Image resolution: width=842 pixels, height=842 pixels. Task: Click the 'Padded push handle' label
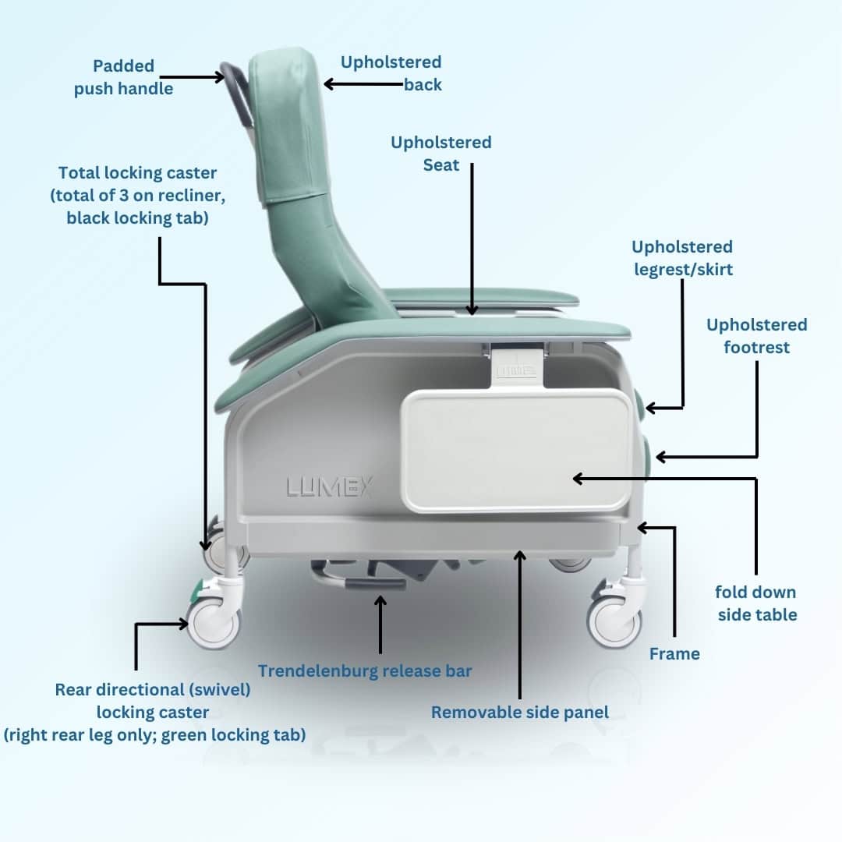(x=123, y=77)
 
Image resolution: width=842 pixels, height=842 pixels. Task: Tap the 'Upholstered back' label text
(x=391, y=73)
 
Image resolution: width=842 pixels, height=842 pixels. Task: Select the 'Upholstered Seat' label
(x=440, y=154)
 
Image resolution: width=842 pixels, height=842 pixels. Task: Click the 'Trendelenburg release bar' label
(x=365, y=670)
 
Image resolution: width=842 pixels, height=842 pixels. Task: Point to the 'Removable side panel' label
(x=520, y=712)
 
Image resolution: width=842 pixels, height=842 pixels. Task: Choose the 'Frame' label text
(x=674, y=653)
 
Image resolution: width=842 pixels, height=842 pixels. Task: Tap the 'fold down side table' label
(x=756, y=603)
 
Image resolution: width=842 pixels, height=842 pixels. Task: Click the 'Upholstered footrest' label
(x=756, y=335)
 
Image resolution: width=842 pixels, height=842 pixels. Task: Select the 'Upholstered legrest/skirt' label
(x=681, y=258)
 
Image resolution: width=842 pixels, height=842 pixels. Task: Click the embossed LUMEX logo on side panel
(x=330, y=488)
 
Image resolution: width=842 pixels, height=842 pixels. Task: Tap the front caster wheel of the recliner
(x=614, y=620)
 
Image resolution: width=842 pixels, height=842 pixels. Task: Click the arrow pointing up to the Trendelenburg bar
(x=380, y=624)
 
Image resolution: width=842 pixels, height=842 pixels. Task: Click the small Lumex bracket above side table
(x=516, y=366)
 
